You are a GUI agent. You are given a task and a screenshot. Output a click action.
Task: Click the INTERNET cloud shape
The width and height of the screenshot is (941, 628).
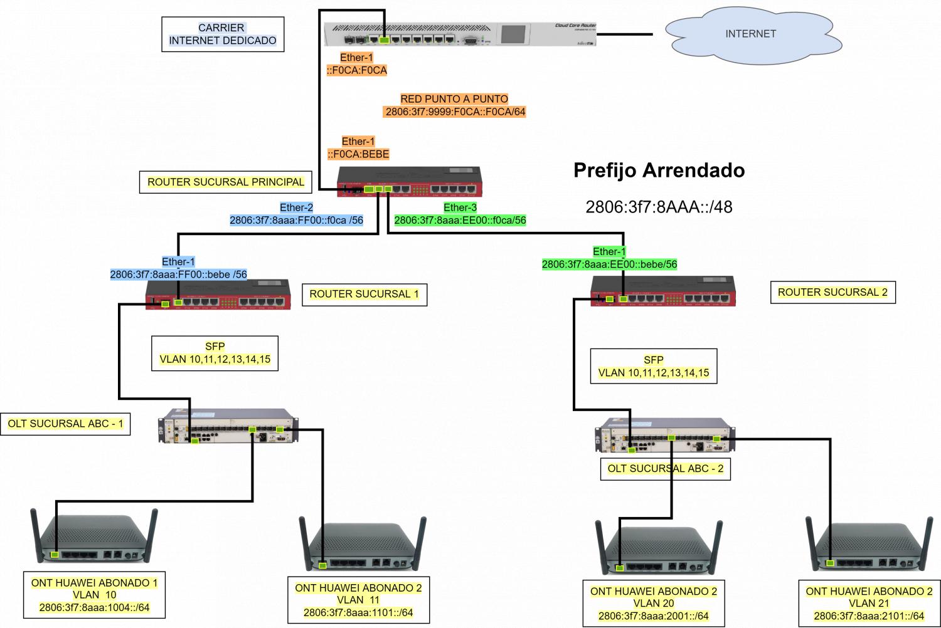point(750,34)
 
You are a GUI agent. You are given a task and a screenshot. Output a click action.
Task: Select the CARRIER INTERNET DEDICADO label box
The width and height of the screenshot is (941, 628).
point(223,34)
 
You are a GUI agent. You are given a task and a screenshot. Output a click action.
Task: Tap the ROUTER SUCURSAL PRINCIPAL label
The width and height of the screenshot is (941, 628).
point(225,182)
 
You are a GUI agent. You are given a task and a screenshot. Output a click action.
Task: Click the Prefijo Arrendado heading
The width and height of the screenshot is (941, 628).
point(659,170)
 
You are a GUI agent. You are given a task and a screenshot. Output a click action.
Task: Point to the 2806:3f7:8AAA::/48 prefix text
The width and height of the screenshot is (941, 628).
point(659,207)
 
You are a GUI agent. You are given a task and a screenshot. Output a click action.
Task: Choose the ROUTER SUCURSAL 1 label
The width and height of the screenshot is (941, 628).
point(364,294)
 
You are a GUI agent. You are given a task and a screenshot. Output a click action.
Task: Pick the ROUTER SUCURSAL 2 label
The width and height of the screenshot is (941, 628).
point(832,292)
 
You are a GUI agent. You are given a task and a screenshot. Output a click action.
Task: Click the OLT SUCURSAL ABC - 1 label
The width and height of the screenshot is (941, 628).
point(65,424)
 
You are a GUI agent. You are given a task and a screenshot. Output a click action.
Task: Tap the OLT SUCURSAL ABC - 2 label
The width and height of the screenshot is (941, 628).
point(665,468)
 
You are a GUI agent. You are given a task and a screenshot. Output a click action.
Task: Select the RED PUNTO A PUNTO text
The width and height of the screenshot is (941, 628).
point(454,99)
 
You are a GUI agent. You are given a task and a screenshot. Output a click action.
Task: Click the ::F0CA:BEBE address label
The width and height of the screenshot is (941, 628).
point(358,154)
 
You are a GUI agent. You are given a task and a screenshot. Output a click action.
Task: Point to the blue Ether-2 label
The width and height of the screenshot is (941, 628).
point(296,207)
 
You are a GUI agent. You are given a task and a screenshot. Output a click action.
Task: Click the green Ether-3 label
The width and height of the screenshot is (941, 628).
point(460,207)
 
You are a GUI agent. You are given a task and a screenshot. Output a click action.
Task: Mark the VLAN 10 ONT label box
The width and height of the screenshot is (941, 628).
point(94,595)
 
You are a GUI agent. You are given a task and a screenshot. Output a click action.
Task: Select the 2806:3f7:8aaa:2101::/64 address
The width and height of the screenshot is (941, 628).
point(869,615)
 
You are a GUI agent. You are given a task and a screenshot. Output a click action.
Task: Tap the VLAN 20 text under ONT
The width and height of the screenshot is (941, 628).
point(654,603)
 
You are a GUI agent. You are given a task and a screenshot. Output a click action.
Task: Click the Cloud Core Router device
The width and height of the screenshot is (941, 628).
point(460,34)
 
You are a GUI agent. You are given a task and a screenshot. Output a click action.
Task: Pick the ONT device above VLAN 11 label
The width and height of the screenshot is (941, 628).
point(362,545)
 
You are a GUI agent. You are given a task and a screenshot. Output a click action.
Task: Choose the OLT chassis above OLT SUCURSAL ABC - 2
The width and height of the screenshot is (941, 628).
point(665,435)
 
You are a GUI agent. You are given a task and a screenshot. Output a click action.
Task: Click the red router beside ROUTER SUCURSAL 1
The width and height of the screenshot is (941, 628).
point(218,295)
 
